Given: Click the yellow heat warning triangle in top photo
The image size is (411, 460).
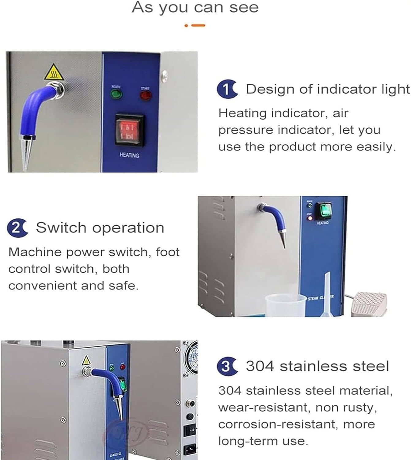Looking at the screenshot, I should (54, 73).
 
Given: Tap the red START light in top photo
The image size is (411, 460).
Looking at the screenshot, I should (146, 95).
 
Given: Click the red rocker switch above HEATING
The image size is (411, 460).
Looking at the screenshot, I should (129, 130).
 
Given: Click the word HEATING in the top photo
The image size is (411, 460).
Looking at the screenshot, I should (129, 155).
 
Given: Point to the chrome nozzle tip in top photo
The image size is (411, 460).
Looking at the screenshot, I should (26, 156).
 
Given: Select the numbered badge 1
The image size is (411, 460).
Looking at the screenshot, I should (226, 89).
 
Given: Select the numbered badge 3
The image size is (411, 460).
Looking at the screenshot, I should (226, 366).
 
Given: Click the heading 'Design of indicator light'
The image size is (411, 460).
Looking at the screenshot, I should (327, 89).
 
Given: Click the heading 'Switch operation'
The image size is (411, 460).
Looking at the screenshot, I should (100, 228).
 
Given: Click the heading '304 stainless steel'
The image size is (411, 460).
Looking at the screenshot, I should (317, 366).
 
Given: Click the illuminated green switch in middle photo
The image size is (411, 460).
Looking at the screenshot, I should (324, 210).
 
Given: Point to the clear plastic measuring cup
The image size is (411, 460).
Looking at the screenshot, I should (281, 305).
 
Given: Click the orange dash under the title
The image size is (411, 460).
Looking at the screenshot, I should (198, 25).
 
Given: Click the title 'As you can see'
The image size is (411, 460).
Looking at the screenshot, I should (195, 7).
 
